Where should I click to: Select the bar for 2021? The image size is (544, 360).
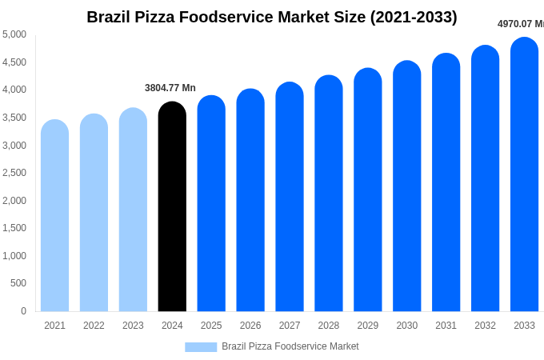click(x=54, y=216)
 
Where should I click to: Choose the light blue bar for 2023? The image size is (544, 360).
click(x=133, y=210)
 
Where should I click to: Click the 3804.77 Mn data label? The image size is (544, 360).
click(x=170, y=88)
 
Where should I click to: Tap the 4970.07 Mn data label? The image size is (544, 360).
click(x=521, y=24)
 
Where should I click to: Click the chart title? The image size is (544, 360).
click(x=272, y=17)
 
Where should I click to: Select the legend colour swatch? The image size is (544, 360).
click(x=201, y=346)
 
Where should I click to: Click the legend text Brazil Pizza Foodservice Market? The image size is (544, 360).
click(x=290, y=346)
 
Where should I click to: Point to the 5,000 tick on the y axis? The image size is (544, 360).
click(x=14, y=34)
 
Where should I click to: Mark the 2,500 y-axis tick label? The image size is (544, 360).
click(x=14, y=173)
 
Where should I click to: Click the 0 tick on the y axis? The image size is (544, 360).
click(x=23, y=311)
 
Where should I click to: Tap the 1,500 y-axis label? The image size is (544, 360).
click(x=14, y=228)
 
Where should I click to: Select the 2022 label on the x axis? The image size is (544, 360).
click(x=94, y=326)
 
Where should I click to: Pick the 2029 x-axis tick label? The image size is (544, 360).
click(x=368, y=326)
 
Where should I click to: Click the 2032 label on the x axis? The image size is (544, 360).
click(x=485, y=326)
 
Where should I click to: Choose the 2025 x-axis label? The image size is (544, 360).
click(x=211, y=326)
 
